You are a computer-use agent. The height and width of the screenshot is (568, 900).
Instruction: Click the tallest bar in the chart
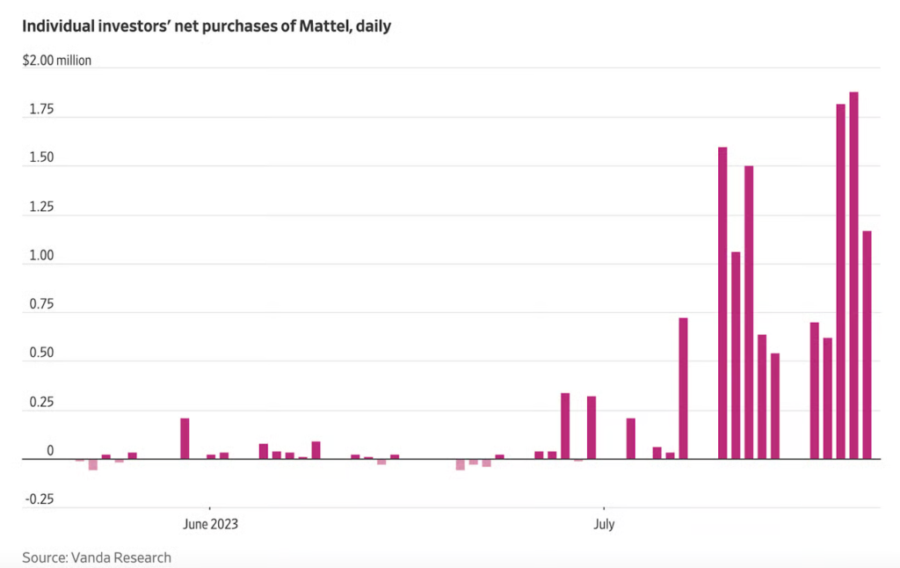point(853,274)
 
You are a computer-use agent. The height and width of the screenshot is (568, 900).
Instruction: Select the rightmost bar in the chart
point(867,345)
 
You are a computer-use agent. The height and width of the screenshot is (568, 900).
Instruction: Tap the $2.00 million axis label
point(57,62)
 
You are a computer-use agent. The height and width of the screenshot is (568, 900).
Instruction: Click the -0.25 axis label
point(39,499)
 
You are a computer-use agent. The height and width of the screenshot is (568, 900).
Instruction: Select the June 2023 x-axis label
point(210,525)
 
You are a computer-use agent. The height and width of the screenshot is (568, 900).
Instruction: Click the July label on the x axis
point(604,525)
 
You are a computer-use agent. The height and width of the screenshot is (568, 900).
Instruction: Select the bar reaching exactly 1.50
point(749,312)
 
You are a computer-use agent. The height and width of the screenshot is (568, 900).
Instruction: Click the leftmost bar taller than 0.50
point(683,388)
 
